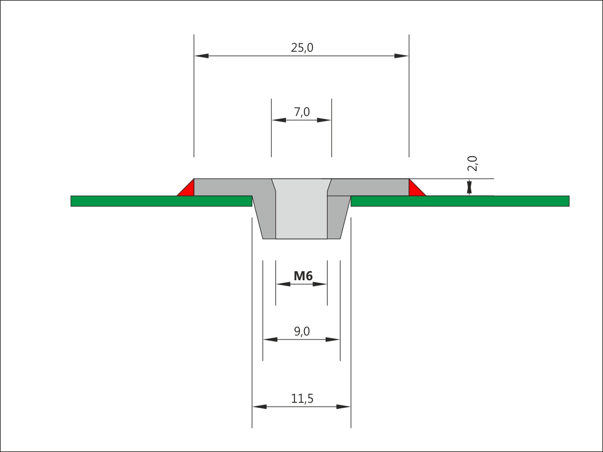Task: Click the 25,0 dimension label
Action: tap(302, 48)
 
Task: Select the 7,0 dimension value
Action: tap(302, 112)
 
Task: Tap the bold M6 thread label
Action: tap(303, 276)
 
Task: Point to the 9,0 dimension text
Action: tap(302, 331)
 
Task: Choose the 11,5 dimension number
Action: tap(302, 398)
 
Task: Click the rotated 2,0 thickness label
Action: tap(472, 164)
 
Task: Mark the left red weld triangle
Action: tap(187, 190)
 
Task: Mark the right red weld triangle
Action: tap(415, 190)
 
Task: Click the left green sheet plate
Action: tap(161, 201)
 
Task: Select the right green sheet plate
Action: tap(460, 201)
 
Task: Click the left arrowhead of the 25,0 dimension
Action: tap(202, 56)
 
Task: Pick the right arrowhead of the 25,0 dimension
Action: tap(401, 56)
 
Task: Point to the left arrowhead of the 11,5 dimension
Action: tap(260, 407)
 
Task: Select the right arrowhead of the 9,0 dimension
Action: tap(333, 340)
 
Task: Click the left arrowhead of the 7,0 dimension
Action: tap(279, 120)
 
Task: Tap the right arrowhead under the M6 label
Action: tap(320, 284)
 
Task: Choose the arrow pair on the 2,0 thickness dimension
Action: tap(469, 187)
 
